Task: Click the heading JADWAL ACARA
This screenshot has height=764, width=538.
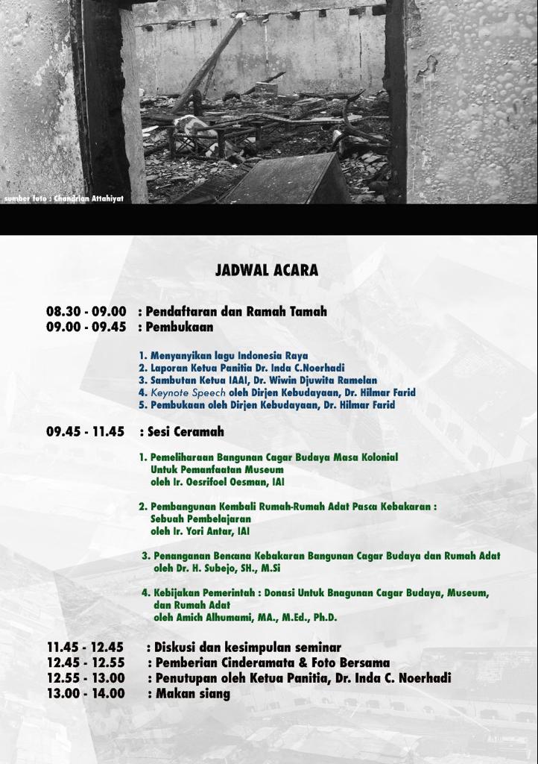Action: (267, 270)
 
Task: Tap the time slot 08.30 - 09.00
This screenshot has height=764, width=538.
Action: (86, 312)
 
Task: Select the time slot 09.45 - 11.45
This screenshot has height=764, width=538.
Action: (86, 431)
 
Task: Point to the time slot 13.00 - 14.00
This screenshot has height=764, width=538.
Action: (86, 693)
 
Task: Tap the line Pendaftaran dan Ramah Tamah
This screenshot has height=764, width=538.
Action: (236, 312)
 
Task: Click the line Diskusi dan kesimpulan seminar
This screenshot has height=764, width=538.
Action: (247, 648)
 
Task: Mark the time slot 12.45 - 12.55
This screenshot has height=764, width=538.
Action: (86, 663)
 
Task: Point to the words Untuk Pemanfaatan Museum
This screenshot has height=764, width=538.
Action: (217, 469)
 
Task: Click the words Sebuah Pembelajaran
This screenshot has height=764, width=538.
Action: (200, 519)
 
